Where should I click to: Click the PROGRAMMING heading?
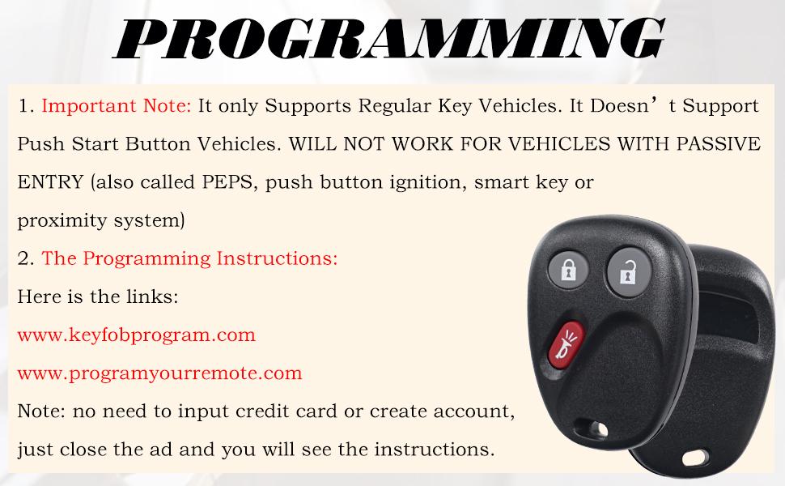coord(392,36)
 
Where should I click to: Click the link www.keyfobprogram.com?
coord(136,335)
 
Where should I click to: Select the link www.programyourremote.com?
coord(159,373)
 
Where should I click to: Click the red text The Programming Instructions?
coord(189,258)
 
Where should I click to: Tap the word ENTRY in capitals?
coord(50,181)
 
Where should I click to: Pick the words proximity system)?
coord(101,220)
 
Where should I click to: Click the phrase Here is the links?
coord(98,296)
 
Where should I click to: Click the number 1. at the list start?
coord(27,106)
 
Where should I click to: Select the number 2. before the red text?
coord(27,258)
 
